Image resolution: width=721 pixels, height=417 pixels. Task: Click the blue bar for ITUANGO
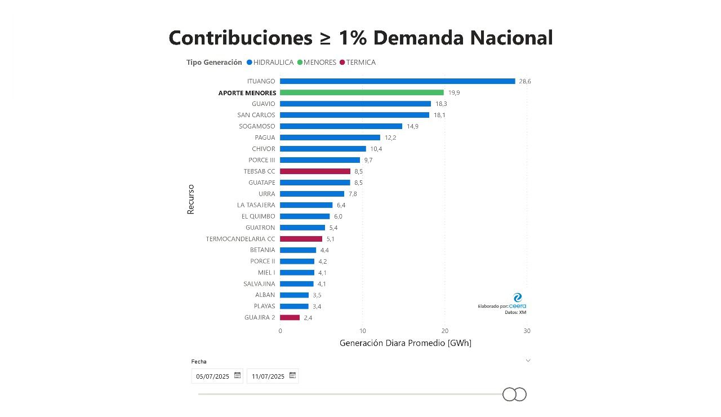click(397, 81)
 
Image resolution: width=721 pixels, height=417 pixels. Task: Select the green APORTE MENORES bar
click(362, 92)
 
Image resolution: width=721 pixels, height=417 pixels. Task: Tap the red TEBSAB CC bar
click(315, 171)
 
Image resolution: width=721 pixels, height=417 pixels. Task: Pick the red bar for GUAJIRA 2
click(290, 317)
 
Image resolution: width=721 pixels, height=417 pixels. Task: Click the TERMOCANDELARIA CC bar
click(301, 239)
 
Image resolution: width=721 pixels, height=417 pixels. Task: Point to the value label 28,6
click(524, 82)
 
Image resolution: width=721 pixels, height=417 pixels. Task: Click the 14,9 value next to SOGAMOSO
click(412, 126)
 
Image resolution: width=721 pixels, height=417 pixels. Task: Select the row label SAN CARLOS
click(256, 115)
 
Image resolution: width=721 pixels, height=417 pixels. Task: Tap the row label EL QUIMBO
click(258, 216)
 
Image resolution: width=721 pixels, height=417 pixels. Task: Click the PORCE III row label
click(262, 160)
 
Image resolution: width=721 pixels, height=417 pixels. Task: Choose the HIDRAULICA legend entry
click(270, 62)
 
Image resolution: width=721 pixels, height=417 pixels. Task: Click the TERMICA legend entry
click(358, 62)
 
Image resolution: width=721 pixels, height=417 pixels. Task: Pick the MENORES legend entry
click(317, 62)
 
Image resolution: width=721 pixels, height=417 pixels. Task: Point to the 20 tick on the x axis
click(444, 331)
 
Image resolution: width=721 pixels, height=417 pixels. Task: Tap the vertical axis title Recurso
click(190, 199)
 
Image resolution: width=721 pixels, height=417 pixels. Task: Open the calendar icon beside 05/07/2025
click(237, 375)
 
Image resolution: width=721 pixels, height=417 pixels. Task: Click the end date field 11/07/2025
click(273, 376)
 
